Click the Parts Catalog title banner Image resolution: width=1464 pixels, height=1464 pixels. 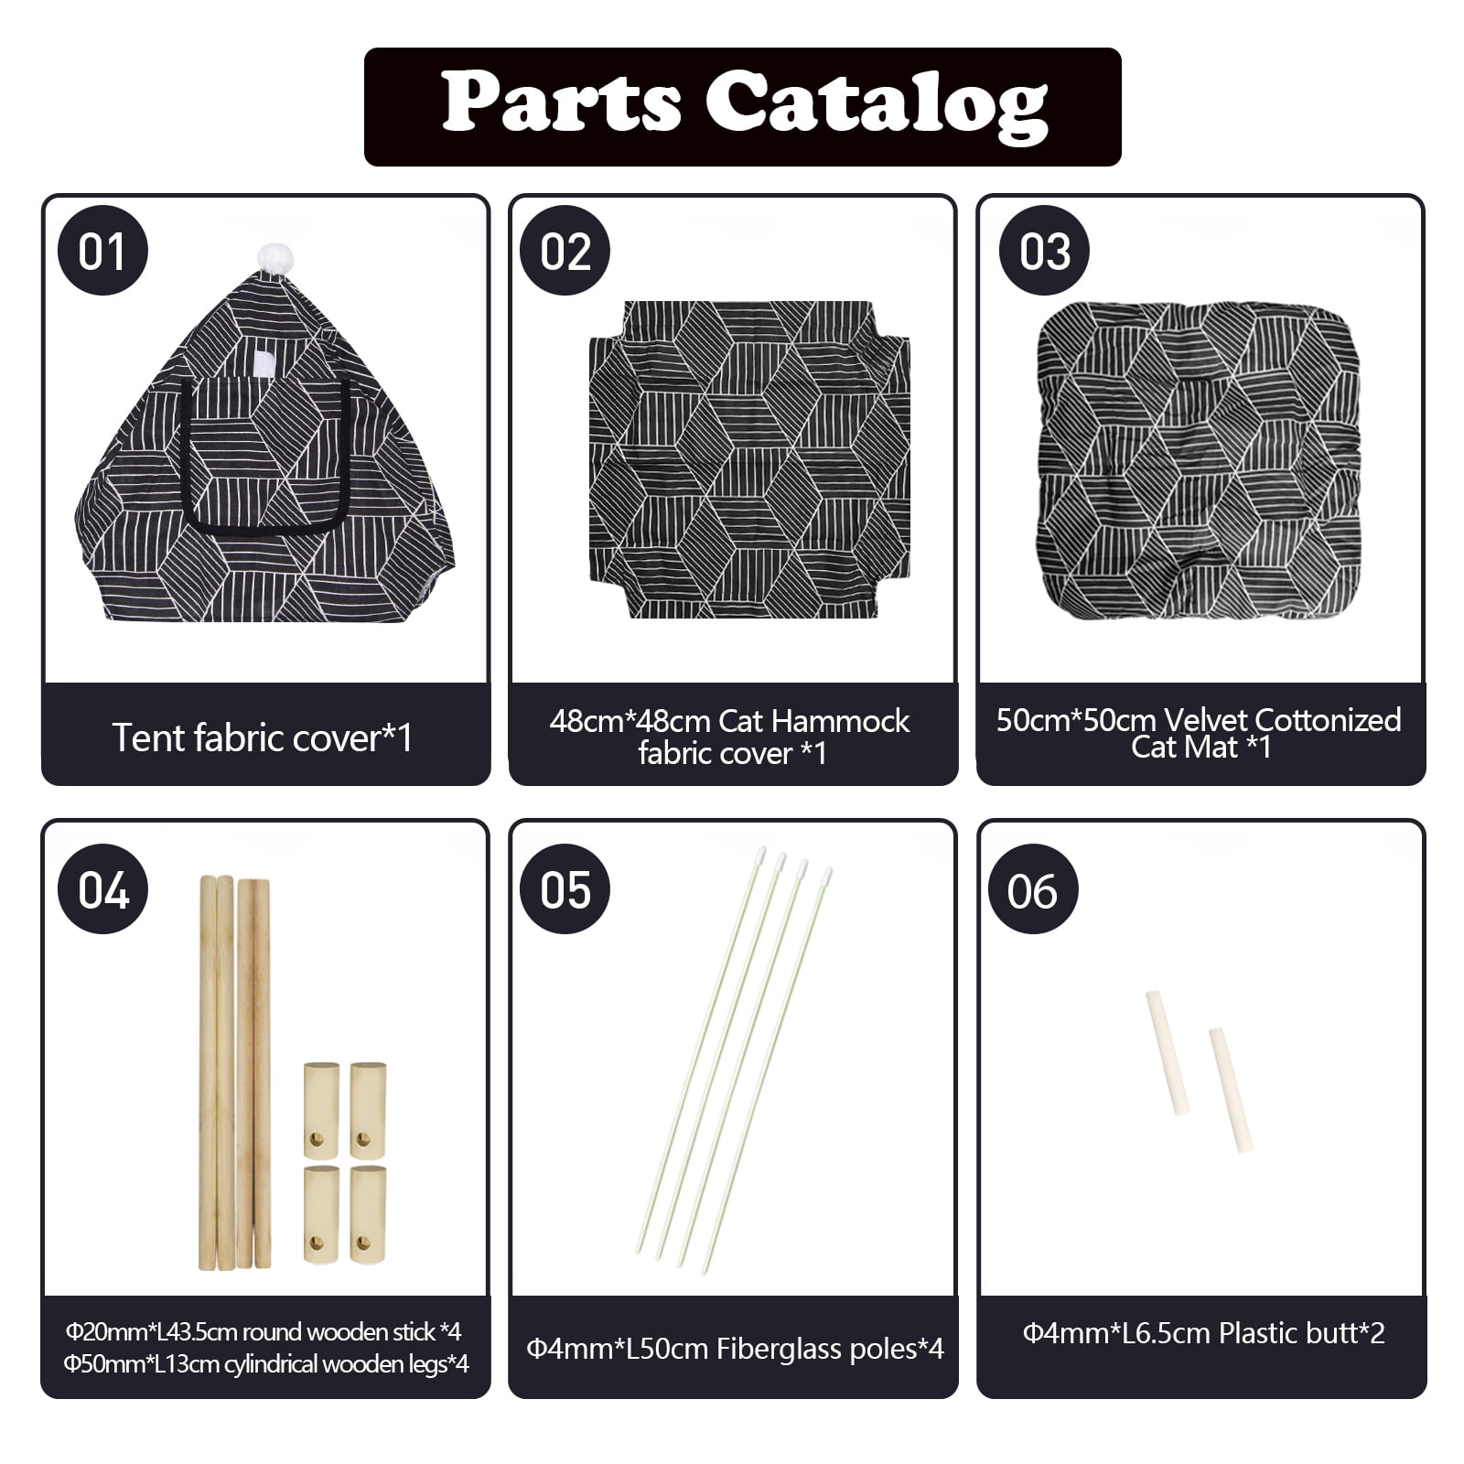(742, 106)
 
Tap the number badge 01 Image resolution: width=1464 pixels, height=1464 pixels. (102, 251)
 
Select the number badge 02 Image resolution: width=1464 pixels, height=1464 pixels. (565, 251)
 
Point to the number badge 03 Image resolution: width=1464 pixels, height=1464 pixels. (1044, 251)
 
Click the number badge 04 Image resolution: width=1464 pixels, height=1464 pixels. (102, 888)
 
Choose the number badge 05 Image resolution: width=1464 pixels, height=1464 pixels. (565, 888)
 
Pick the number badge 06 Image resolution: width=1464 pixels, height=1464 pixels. (1033, 888)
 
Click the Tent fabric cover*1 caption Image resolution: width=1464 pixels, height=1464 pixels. (263, 737)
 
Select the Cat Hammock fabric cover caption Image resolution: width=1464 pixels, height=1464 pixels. (730, 737)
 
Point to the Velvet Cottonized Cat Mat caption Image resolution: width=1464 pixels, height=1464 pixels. (1199, 733)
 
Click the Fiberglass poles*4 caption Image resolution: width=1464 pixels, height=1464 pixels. (735, 1348)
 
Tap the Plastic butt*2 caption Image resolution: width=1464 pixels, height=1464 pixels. (1203, 1333)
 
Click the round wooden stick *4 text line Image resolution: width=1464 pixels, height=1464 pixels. (263, 1331)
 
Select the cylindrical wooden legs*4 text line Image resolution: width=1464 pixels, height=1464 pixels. (266, 1364)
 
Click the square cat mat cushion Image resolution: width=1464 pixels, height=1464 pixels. (1200, 460)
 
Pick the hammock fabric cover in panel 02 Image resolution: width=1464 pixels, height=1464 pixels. (749, 459)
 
